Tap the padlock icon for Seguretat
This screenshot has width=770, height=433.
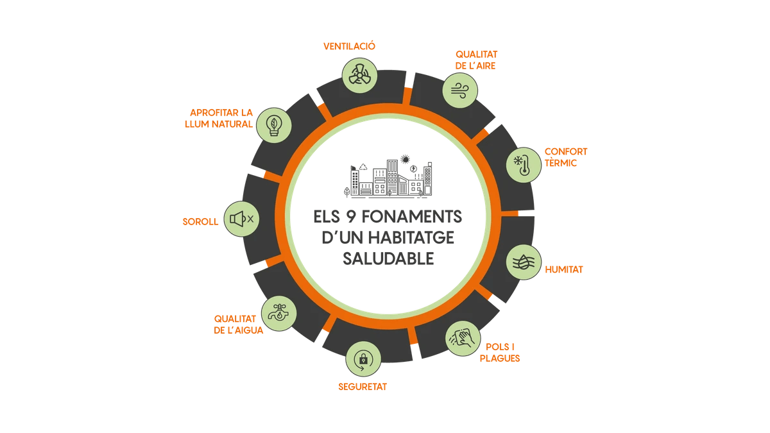362,360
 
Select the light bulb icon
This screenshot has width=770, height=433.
272,125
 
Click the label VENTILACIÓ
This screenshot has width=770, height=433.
349,46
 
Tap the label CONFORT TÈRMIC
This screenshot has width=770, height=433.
566,157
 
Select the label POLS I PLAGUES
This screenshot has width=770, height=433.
499,352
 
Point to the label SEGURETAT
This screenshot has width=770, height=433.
363,387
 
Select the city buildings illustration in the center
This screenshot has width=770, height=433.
389,175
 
